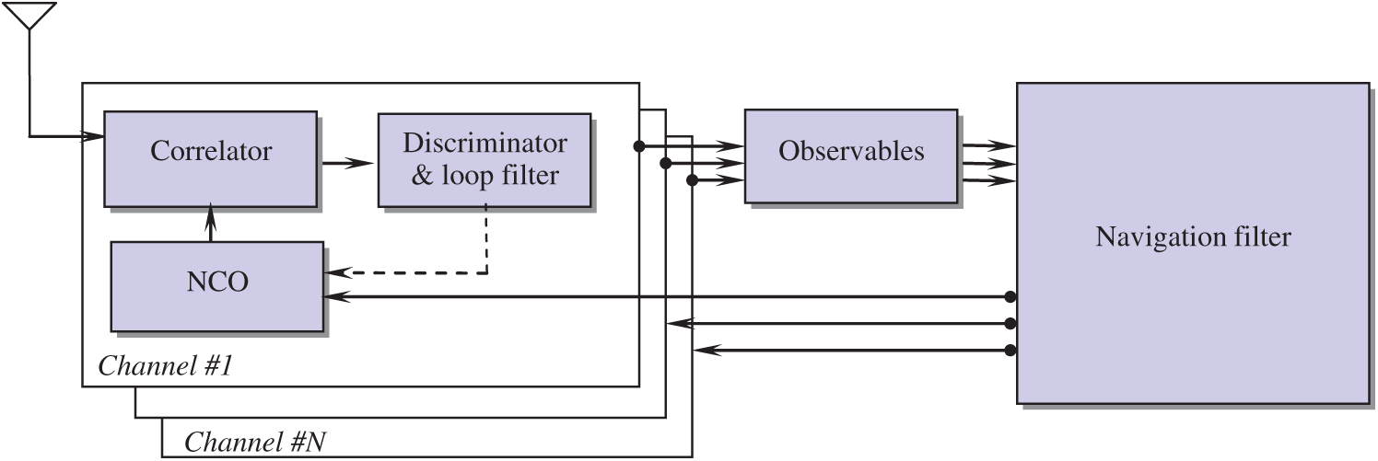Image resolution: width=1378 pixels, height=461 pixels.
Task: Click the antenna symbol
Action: pos(29,17)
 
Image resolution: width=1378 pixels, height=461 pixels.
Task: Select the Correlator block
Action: pos(211,159)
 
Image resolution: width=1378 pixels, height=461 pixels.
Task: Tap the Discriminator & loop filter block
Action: pos(485,160)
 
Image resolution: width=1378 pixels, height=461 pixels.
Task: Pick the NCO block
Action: pos(217,285)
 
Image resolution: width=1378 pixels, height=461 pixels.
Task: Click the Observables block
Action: pos(850,156)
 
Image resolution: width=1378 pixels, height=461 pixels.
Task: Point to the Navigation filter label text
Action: pos(1193,237)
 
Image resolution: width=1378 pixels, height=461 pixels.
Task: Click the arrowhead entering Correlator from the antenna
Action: pos(96,137)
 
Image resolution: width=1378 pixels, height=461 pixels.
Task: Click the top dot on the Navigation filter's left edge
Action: pos(1010,297)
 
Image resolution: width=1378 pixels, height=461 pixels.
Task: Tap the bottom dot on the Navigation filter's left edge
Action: pos(1010,350)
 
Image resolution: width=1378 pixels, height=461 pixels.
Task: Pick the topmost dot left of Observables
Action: pos(637,145)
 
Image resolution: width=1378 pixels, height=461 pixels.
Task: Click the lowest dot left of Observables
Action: pos(691,180)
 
